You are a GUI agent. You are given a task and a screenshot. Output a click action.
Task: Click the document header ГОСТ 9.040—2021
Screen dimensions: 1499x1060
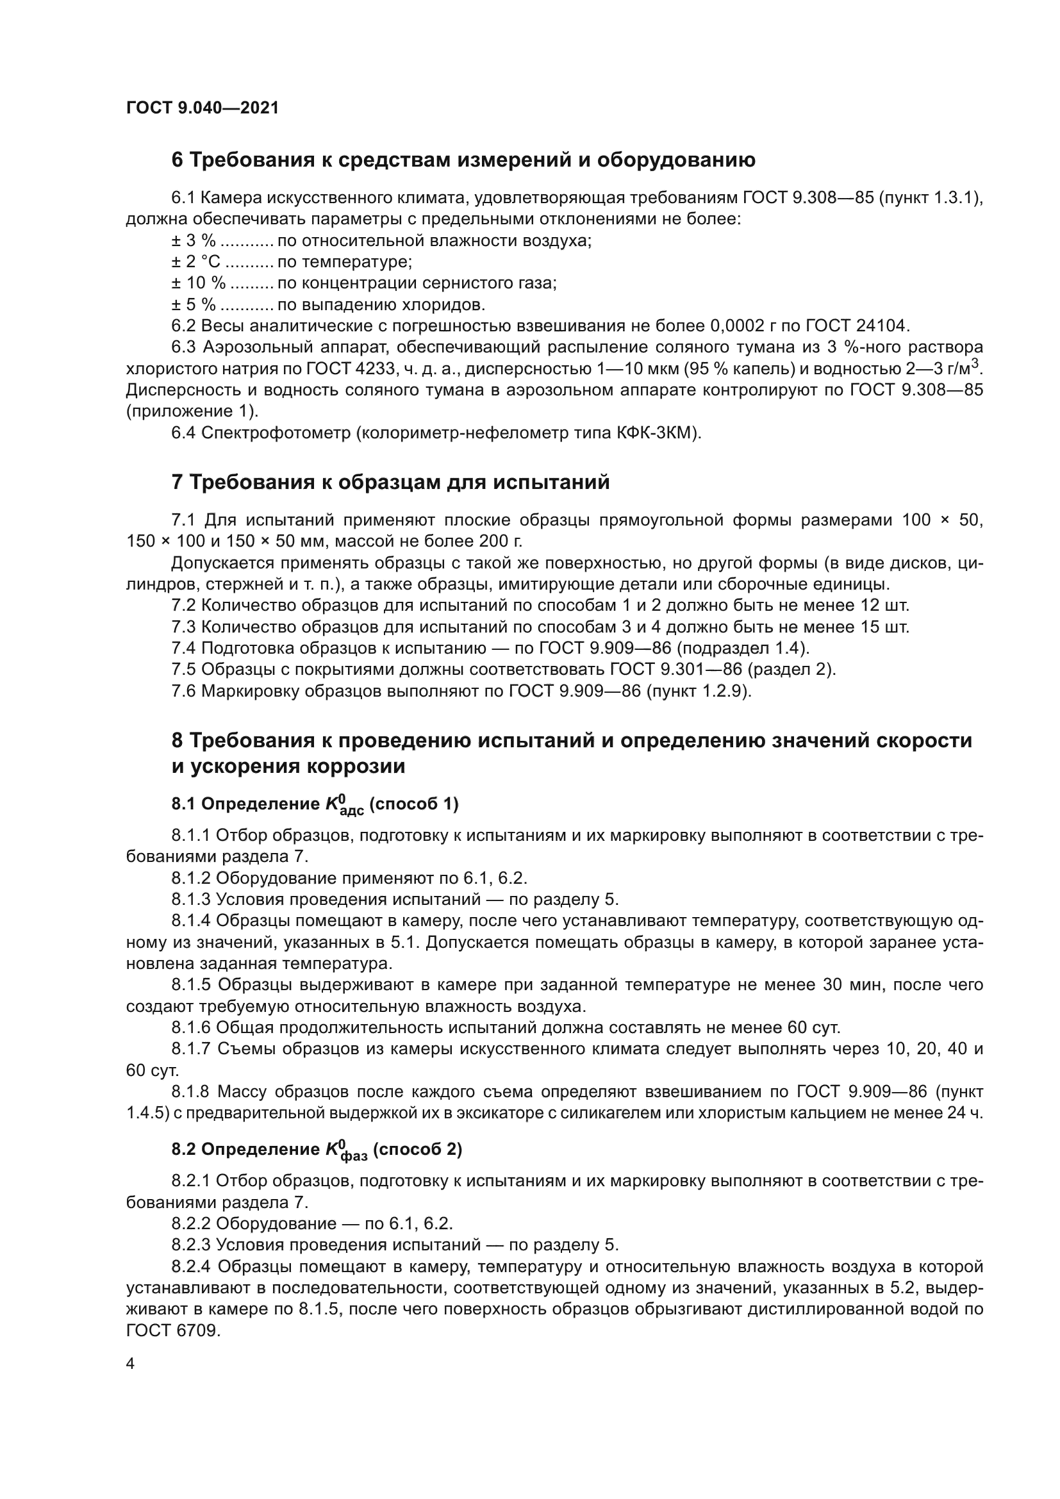point(203,108)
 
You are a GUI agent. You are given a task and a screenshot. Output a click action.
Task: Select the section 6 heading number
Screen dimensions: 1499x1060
point(178,160)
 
